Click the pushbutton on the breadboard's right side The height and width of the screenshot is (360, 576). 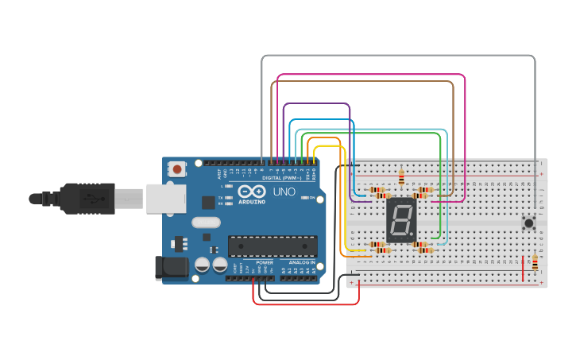click(x=527, y=223)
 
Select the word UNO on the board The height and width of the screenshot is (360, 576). click(x=284, y=192)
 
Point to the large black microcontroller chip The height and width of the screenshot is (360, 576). click(x=273, y=246)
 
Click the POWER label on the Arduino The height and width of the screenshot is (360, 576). click(x=265, y=261)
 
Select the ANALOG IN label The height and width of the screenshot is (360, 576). click(x=302, y=261)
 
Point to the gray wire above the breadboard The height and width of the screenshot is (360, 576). click(x=397, y=56)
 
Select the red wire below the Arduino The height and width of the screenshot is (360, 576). click(x=306, y=304)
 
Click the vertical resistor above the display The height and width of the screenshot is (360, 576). click(x=401, y=176)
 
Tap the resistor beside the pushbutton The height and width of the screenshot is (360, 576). click(x=535, y=262)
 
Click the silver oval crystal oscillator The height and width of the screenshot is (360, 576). click(x=206, y=223)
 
